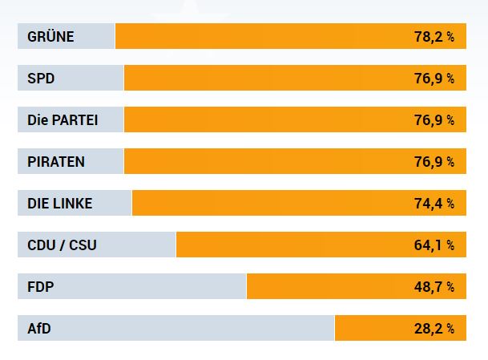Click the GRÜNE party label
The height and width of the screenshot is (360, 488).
(50, 37)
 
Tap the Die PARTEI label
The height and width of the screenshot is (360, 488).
(63, 120)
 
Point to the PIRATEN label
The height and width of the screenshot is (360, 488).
(56, 162)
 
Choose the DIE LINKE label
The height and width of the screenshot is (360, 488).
(60, 204)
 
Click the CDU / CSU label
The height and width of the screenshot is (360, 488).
(62, 245)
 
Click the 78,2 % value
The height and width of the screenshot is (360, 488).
(434, 37)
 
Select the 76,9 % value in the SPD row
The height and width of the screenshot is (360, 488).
(434, 79)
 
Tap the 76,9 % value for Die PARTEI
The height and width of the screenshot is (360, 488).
(434, 120)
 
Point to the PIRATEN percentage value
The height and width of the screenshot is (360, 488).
(434, 162)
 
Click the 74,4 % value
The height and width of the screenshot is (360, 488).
(434, 204)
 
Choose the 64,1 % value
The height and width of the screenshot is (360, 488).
(434, 245)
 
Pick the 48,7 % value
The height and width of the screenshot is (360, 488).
(434, 287)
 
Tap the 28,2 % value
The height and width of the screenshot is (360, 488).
(434, 329)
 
